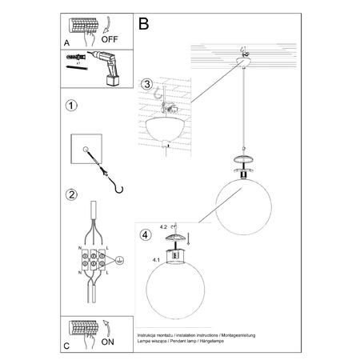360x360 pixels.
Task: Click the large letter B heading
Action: (x=144, y=25)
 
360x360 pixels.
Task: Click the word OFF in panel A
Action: (x=110, y=37)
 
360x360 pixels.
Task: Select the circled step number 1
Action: (x=71, y=106)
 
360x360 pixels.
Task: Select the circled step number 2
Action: (x=71, y=194)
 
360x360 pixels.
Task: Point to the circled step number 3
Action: (x=146, y=84)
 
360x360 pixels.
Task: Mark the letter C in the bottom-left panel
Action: (x=66, y=346)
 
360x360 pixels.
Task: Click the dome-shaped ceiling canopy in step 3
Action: (x=167, y=130)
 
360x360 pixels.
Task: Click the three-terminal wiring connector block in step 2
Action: (x=94, y=261)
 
